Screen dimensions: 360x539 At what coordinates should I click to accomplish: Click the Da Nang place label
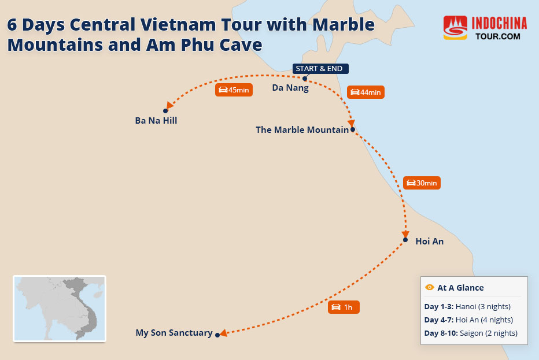(x=290, y=88)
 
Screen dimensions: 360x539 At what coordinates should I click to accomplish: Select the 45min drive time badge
(x=234, y=90)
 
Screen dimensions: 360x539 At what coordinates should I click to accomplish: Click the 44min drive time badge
(x=366, y=92)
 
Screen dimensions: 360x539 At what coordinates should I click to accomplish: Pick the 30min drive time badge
(x=422, y=183)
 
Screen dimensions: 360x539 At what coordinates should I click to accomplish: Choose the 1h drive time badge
(x=344, y=307)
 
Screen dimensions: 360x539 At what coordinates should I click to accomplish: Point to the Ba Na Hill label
(x=156, y=121)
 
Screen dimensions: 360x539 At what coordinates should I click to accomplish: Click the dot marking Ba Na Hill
(x=165, y=110)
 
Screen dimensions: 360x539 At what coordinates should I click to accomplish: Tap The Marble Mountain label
(x=302, y=130)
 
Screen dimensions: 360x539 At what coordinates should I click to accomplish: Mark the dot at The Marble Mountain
(x=353, y=129)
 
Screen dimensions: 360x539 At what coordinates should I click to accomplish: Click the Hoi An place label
(x=430, y=242)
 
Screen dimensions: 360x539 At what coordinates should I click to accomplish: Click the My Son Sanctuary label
(x=173, y=333)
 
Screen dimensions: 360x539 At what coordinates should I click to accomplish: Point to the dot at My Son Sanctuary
(x=217, y=335)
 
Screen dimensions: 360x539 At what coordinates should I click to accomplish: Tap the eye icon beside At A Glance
(x=430, y=287)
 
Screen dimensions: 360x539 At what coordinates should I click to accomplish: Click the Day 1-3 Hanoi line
(x=467, y=306)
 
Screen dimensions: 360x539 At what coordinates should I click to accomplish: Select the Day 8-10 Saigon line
(x=470, y=333)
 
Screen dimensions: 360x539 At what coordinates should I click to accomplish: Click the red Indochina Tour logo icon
(x=455, y=28)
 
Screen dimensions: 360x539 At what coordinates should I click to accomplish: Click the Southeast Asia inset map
(x=60, y=309)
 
